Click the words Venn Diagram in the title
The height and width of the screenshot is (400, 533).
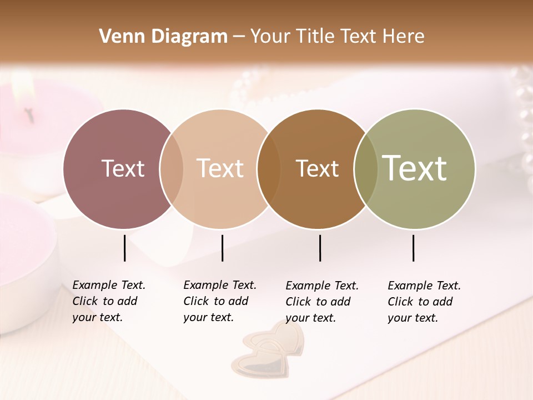pyautogui.click(x=163, y=37)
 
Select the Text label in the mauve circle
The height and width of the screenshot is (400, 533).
pyautogui.click(x=123, y=168)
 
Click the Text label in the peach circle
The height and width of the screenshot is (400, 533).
pyautogui.click(x=220, y=168)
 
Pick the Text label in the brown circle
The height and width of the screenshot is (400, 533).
pyautogui.click(x=317, y=168)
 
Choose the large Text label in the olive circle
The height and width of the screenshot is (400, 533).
pyautogui.click(x=415, y=168)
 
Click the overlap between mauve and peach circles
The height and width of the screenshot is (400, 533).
pyautogui.click(x=172, y=168)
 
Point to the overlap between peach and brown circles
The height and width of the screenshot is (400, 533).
pyautogui.click(x=269, y=168)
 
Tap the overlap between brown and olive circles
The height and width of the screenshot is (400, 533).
pyautogui.click(x=366, y=168)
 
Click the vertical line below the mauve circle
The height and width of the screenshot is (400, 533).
pyautogui.click(x=124, y=248)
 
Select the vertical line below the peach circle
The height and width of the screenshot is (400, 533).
pyautogui.click(x=222, y=248)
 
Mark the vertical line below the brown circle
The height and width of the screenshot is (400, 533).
pyautogui.click(x=320, y=248)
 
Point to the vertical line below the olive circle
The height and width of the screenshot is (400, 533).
pyautogui.click(x=413, y=248)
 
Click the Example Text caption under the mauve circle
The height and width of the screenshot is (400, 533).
pyautogui.click(x=109, y=301)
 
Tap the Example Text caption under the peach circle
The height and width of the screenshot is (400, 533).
pyautogui.click(x=220, y=301)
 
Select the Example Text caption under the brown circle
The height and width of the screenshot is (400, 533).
pyautogui.click(x=322, y=302)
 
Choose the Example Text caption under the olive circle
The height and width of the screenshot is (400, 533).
pyautogui.click(x=424, y=302)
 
